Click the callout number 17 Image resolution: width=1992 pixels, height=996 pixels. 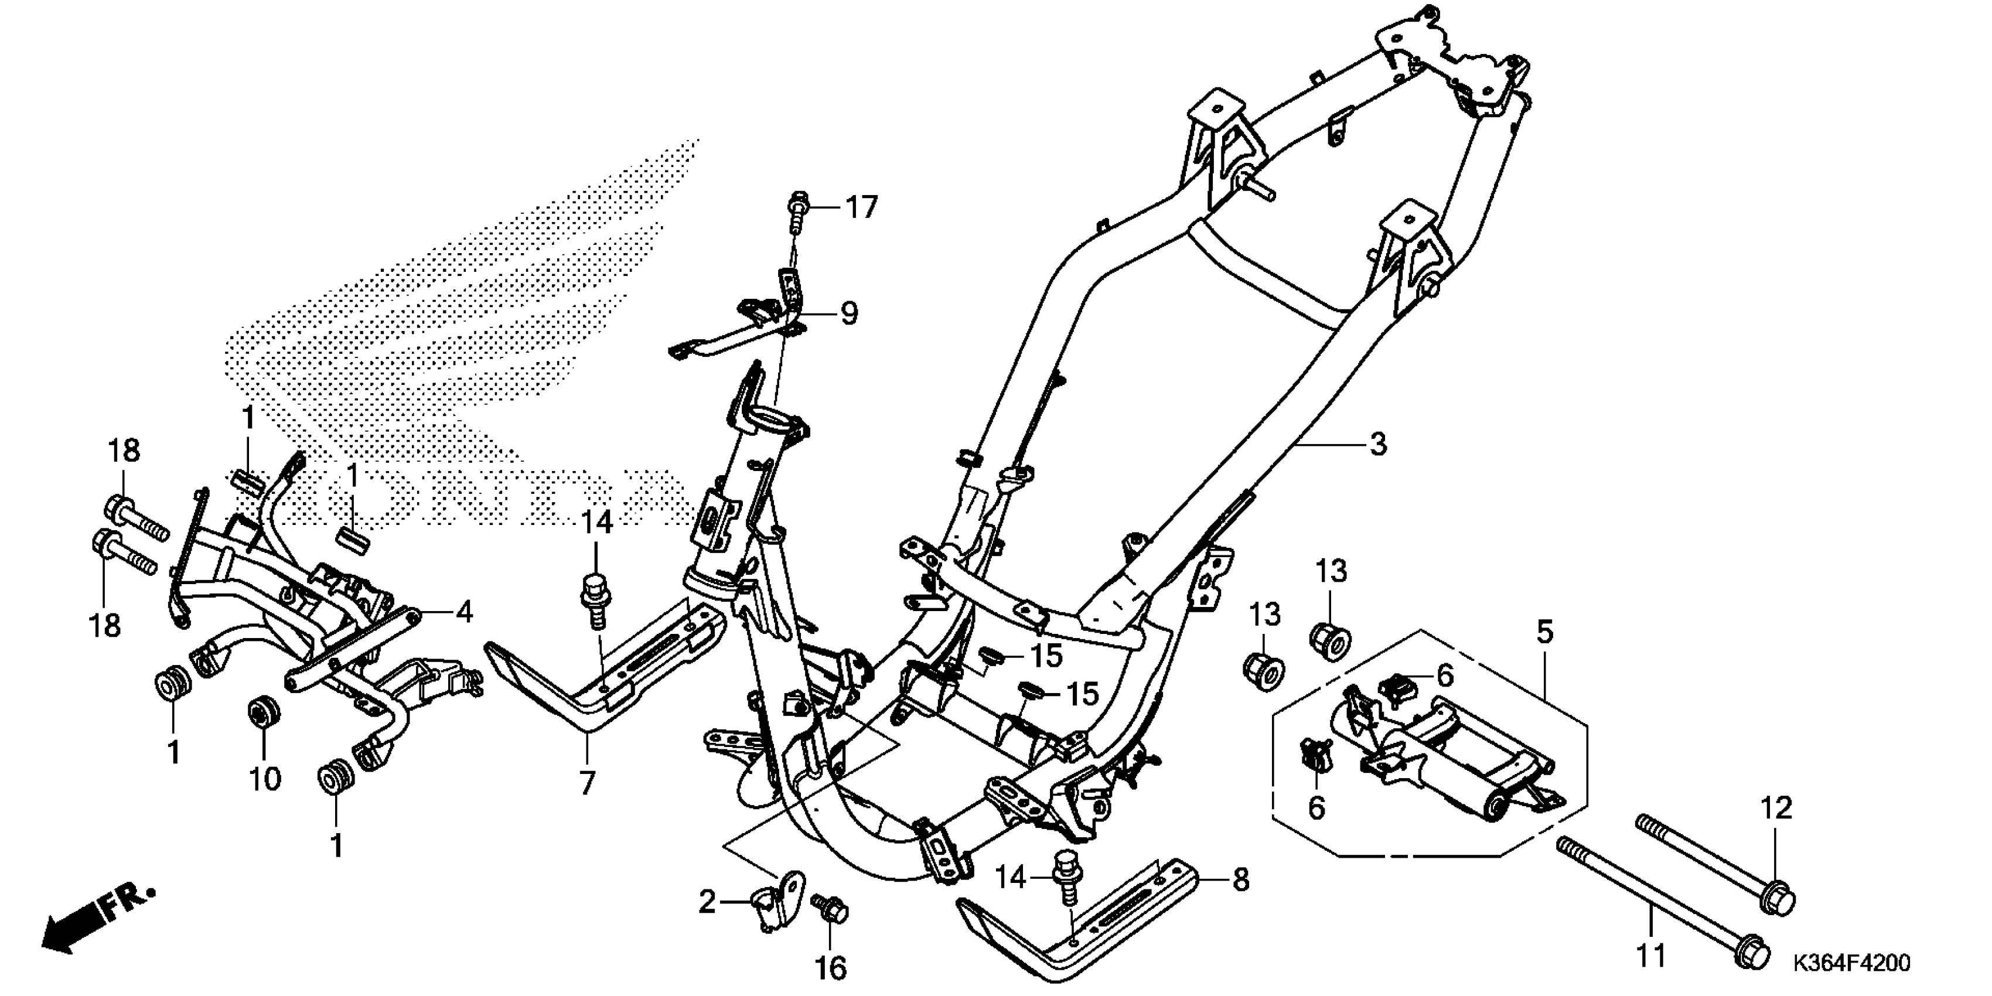(861, 208)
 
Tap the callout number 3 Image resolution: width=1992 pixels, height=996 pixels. (1378, 445)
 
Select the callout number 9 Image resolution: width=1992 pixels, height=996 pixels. (849, 314)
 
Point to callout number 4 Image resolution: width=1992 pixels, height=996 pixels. (463, 612)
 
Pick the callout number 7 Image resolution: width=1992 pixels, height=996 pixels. (588, 783)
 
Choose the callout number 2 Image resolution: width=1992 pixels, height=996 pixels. (707, 902)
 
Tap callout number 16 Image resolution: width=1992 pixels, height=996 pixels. (831, 967)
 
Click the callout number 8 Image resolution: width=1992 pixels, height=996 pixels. (1240, 879)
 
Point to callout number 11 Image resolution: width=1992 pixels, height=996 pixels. (1650, 957)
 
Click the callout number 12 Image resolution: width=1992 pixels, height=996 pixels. (1776, 809)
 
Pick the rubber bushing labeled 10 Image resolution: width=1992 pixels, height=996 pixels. (264, 711)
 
